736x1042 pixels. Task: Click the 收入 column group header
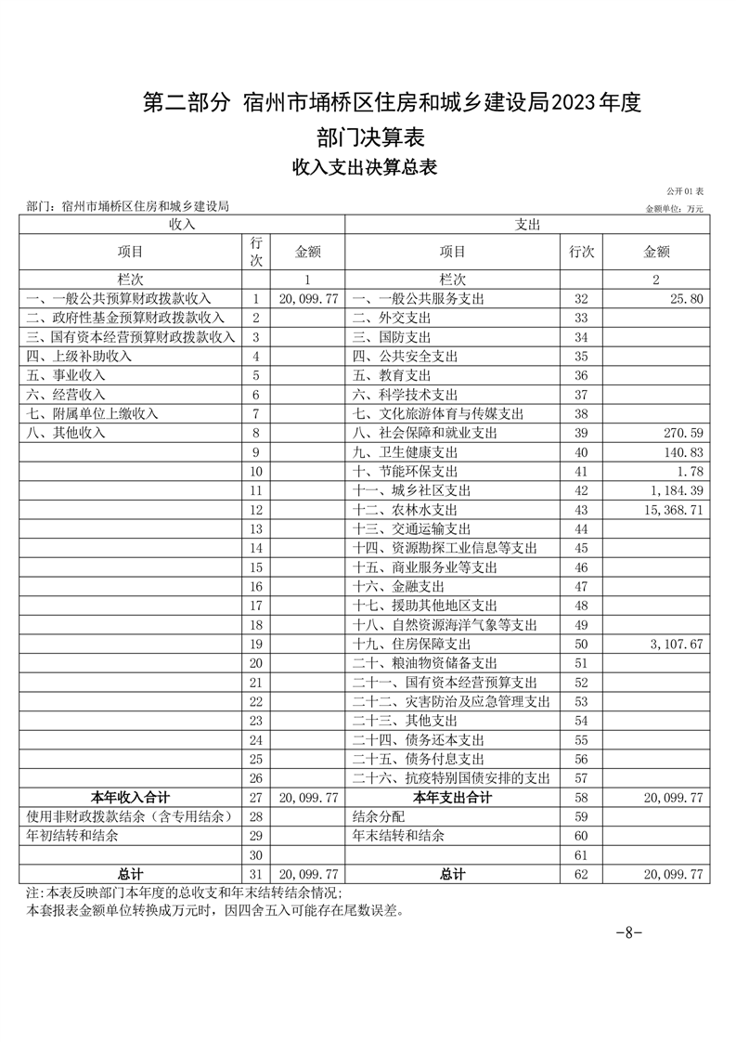click(x=181, y=225)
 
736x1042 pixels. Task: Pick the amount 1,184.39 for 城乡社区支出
click(x=673, y=490)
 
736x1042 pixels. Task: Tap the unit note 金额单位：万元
click(x=675, y=209)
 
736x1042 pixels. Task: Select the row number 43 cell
click(x=582, y=510)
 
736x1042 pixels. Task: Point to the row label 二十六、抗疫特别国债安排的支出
click(x=452, y=778)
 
